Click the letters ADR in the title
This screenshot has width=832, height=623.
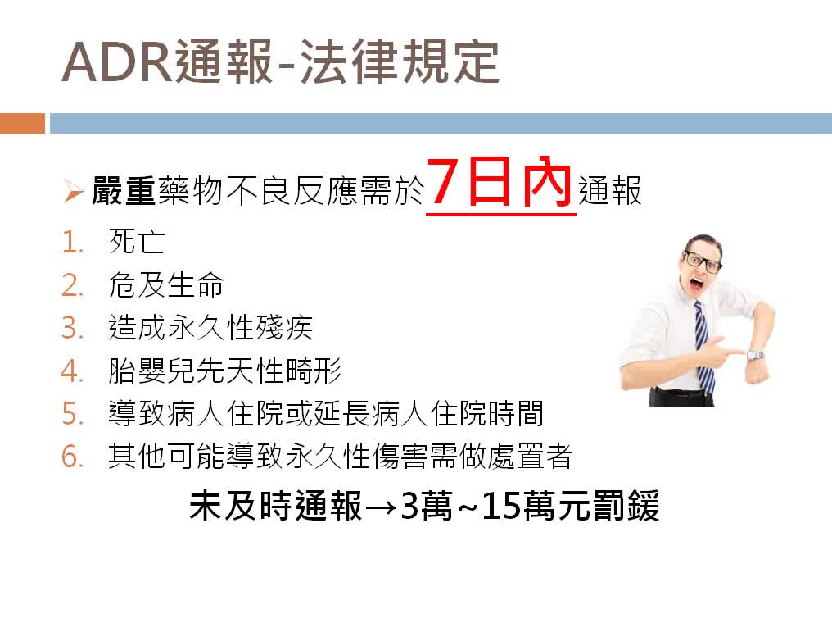point(118,62)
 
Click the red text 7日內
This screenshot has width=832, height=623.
point(500,182)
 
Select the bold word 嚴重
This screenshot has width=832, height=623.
point(124,191)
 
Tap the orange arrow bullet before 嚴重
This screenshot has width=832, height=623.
point(74,192)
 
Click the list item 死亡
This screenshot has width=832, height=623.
point(137,242)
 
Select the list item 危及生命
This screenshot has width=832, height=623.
point(166,284)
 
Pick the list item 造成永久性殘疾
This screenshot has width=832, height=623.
point(210,327)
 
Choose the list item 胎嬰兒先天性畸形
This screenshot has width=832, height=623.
point(224,371)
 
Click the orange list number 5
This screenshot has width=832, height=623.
point(73,414)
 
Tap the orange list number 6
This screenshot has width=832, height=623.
point(73,457)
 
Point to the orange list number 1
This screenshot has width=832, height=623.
point(71,243)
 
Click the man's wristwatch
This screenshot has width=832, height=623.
point(755,355)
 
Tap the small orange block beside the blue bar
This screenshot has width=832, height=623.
point(22,123)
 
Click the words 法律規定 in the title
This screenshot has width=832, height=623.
point(400,62)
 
